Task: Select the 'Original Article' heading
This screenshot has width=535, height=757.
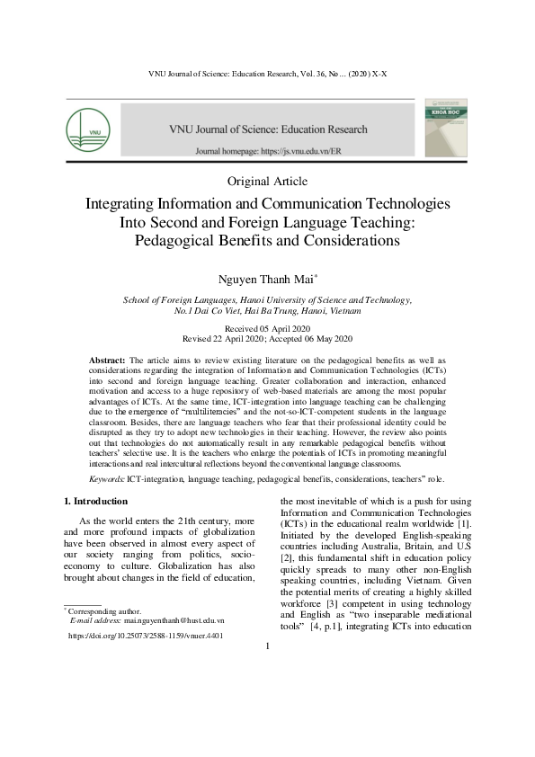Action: pyautogui.click(x=267, y=182)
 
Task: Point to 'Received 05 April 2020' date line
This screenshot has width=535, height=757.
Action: pyautogui.click(x=267, y=329)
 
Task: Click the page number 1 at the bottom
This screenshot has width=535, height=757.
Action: pyautogui.click(x=267, y=672)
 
